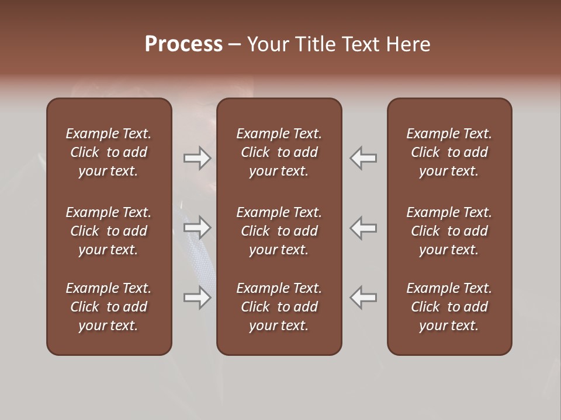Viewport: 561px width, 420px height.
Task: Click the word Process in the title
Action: tap(183, 44)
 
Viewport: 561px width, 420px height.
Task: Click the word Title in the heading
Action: tap(316, 44)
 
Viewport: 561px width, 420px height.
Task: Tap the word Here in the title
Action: tap(408, 44)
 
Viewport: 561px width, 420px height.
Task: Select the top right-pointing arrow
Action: tap(197, 158)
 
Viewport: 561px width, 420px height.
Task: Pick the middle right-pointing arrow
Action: tap(197, 228)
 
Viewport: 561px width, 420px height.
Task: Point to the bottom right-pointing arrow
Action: tap(197, 297)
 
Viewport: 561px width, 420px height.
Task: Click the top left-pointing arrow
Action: tap(363, 158)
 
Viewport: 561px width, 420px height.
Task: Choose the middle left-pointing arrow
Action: tap(363, 228)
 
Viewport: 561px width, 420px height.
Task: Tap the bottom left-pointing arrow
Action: tap(363, 297)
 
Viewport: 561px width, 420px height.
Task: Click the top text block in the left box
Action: tap(109, 152)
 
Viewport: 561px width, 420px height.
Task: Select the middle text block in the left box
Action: tap(109, 231)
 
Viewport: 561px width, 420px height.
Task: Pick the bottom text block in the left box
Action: tap(109, 307)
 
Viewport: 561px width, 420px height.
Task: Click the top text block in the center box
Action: tap(279, 152)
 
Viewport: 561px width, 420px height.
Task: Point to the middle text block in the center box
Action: tap(279, 231)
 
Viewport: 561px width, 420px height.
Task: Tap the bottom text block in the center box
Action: tap(279, 307)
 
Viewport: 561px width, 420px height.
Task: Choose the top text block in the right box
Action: tap(449, 152)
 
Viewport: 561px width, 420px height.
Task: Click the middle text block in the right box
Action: tap(449, 231)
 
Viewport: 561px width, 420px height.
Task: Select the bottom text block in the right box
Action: tap(449, 307)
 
